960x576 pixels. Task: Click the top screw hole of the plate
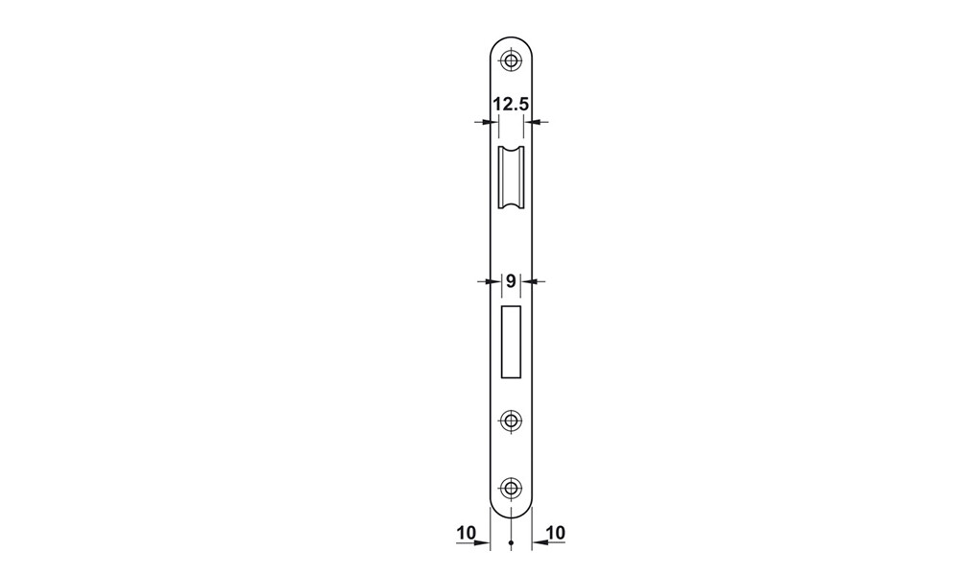tap(511, 60)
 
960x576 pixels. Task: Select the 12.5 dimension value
tap(511, 105)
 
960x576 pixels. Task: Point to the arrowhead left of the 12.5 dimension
tap(487, 122)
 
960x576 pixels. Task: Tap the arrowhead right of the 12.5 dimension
tap(535, 122)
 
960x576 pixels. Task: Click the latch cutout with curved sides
tap(511, 180)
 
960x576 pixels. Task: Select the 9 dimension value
tap(511, 281)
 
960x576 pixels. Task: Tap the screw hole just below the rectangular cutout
tap(511, 420)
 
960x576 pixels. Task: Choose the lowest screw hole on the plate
tap(511, 488)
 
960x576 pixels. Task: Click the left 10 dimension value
tap(468, 532)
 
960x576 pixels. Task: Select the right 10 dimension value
tap(555, 532)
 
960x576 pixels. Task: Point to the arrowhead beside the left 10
tap(485, 543)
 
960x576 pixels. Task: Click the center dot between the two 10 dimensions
tap(511, 544)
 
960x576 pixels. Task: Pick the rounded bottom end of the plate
tap(511, 508)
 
